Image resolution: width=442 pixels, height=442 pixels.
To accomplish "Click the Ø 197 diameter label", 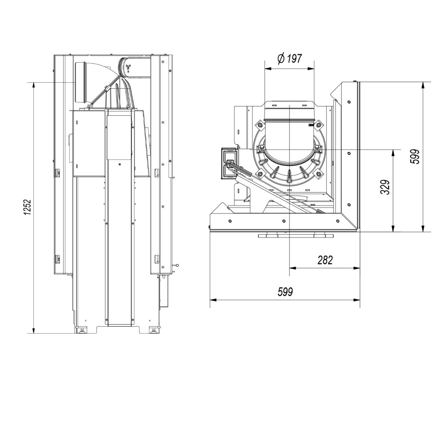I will [x=289, y=58].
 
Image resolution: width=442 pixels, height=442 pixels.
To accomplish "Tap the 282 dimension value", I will [x=325, y=260].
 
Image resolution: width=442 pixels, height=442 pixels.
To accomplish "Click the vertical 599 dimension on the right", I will [x=415, y=157].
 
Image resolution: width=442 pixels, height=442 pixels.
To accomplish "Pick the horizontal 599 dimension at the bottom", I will [x=285, y=292].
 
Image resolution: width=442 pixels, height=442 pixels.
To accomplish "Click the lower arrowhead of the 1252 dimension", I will [x=34, y=330].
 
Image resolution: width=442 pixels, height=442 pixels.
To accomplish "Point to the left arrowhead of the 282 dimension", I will [x=292, y=268].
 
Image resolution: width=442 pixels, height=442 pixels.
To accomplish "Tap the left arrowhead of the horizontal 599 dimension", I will [x=213, y=300].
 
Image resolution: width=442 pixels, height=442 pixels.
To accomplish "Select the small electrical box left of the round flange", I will [x=230, y=163].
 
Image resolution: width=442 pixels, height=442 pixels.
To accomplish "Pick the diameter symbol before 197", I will [x=281, y=58].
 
